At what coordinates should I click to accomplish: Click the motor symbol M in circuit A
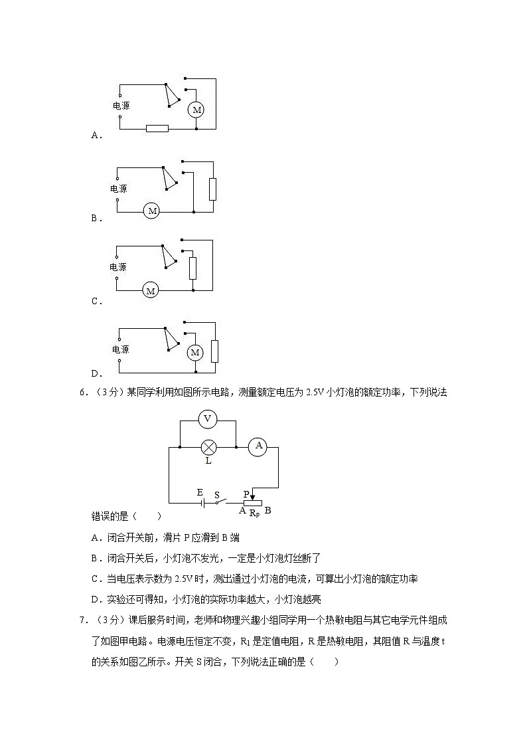pyautogui.click(x=196, y=110)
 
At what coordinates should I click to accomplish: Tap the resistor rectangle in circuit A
pyautogui.click(x=157, y=129)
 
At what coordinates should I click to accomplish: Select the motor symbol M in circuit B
pyautogui.click(x=153, y=211)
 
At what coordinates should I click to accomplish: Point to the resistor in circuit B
pyautogui.click(x=213, y=189)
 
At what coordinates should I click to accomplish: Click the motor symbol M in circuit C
pyautogui.click(x=151, y=291)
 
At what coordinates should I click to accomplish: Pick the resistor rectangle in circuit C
pyautogui.click(x=192, y=268)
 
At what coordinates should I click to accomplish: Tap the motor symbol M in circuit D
pyautogui.click(x=195, y=353)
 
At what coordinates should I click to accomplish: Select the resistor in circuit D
pyautogui.click(x=214, y=351)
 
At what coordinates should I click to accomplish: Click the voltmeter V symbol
pyautogui.click(x=208, y=418)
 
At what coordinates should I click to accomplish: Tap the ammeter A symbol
pyautogui.click(x=258, y=448)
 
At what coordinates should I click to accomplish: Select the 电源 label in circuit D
pyautogui.click(x=120, y=349)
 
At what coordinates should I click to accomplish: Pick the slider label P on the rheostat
pyautogui.click(x=246, y=494)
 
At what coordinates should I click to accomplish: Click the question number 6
pyautogui.click(x=82, y=393)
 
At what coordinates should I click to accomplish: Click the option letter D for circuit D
pyautogui.click(x=95, y=373)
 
